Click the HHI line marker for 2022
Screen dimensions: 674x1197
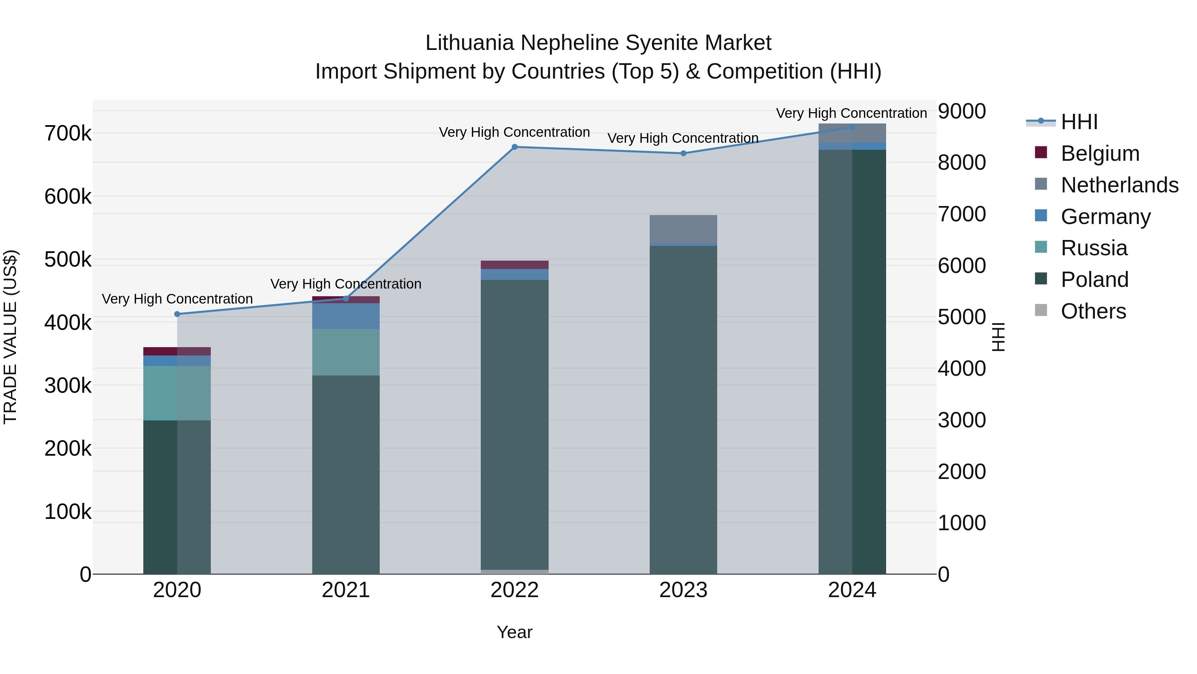pyautogui.click(x=514, y=147)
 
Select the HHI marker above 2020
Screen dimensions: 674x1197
pyautogui.click(x=177, y=314)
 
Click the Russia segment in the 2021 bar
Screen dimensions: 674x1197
pyautogui.click(x=346, y=352)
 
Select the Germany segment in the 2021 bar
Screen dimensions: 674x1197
pyautogui.click(x=346, y=316)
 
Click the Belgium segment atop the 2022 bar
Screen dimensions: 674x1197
pyautogui.click(x=514, y=265)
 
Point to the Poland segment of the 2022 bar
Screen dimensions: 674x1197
pyautogui.click(x=514, y=423)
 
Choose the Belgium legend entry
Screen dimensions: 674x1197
pyautogui.click(x=1100, y=153)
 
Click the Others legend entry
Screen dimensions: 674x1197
pyautogui.click(x=1093, y=311)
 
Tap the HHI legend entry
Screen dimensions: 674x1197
pyautogui.click(x=1079, y=122)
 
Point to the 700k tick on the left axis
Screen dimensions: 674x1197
pyautogui.click(x=68, y=133)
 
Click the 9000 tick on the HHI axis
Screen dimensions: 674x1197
pyautogui.click(x=961, y=112)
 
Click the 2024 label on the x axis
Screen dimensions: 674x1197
pyautogui.click(x=852, y=590)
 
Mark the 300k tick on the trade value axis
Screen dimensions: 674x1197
pyautogui.click(x=68, y=386)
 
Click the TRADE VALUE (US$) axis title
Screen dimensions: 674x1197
pyautogui.click(x=11, y=337)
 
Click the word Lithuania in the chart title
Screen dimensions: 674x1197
pyautogui.click(x=471, y=43)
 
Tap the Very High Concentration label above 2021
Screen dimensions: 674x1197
pyautogui.click(x=346, y=284)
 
